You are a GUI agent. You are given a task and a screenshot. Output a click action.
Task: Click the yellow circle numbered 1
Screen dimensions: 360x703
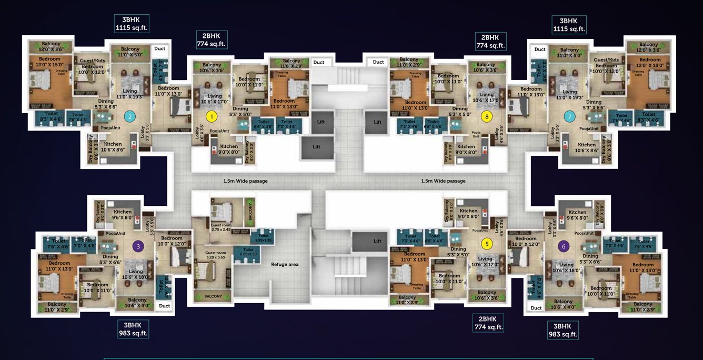211,116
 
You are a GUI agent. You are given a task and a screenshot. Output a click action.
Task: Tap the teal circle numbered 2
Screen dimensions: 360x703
130,116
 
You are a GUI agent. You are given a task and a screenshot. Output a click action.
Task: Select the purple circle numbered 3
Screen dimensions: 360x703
138,245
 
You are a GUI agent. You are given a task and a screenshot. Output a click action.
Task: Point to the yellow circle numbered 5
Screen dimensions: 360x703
487,244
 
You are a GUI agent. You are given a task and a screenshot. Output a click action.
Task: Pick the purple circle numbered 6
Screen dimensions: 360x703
564,246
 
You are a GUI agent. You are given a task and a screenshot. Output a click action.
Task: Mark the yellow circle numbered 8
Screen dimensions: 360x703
487,116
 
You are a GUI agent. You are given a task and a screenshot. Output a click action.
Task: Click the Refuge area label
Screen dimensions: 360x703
285,264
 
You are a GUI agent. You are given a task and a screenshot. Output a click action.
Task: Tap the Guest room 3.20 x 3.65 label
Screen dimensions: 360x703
216,256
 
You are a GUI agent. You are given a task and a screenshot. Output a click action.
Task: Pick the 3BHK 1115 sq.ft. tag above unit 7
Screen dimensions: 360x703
569,25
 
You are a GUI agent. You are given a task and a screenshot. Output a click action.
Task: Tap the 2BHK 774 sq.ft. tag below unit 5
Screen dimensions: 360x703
488,323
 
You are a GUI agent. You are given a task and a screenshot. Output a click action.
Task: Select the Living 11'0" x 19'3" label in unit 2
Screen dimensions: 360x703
129,94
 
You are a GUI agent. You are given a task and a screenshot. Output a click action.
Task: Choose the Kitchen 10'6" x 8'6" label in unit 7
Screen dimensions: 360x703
587,147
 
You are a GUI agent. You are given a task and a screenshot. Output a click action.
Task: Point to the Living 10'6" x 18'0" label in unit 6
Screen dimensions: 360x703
566,267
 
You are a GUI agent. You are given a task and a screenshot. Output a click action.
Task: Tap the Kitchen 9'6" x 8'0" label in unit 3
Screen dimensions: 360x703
122,215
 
